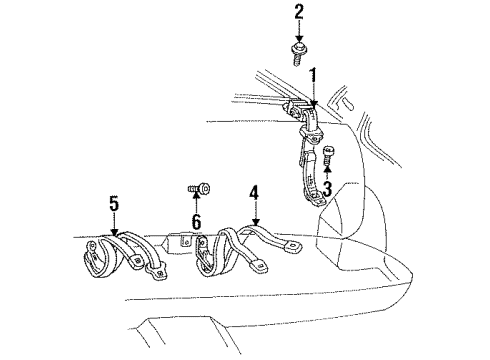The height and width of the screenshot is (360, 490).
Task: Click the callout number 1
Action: [x=313, y=74]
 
